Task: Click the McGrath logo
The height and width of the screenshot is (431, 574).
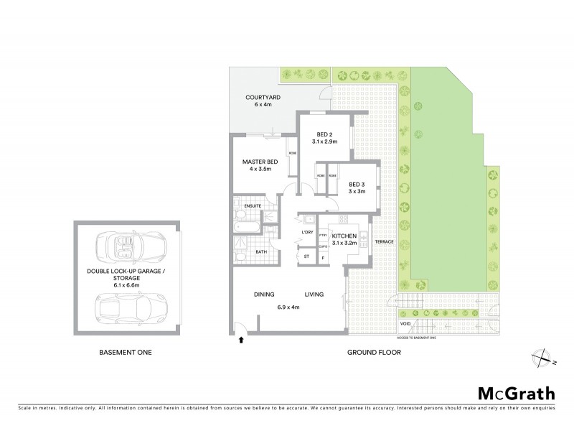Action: pyautogui.click(x=516, y=393)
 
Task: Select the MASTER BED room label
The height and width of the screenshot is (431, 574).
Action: pyautogui.click(x=259, y=162)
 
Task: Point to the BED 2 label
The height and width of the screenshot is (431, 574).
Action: pyautogui.click(x=324, y=134)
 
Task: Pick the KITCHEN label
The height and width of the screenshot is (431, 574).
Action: pyautogui.click(x=345, y=235)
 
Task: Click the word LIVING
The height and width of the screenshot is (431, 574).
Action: pyautogui.click(x=314, y=294)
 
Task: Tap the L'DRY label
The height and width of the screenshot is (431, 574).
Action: pyautogui.click(x=306, y=232)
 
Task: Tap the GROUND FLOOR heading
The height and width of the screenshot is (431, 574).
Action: pyautogui.click(x=373, y=353)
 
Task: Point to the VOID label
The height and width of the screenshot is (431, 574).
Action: pyautogui.click(x=405, y=325)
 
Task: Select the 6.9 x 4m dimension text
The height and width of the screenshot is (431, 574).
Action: pyautogui.click(x=289, y=307)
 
